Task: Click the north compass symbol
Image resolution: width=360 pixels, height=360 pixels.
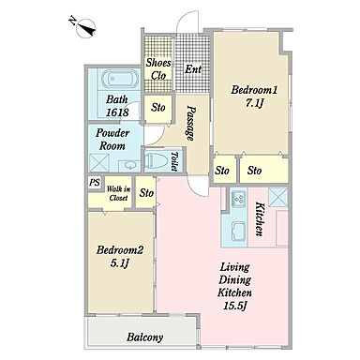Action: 84,27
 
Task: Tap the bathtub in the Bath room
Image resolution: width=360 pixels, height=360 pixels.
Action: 120,80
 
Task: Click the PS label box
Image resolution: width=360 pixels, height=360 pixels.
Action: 95,183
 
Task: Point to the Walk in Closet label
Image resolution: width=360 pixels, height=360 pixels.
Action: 118,193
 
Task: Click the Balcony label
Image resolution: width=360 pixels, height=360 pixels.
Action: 145,337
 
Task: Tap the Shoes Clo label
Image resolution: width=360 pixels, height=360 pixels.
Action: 158,69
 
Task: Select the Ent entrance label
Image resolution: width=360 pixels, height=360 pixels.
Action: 193,69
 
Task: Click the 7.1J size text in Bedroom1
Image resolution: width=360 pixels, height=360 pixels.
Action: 253,103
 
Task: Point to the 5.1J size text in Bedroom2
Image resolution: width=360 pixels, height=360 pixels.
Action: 120,263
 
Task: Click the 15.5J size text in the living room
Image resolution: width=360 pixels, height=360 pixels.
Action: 235,306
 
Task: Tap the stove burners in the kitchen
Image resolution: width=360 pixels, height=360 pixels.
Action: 239,199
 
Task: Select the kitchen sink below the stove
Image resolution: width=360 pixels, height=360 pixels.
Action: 238,232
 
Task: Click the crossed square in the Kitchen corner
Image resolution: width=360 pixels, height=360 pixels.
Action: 278,197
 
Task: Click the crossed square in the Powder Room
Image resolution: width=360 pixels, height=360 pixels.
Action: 99,163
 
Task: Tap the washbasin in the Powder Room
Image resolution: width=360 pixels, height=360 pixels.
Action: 129,165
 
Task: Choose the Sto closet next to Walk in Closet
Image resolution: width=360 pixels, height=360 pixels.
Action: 146,193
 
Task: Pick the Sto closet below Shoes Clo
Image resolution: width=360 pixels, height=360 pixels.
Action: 158,108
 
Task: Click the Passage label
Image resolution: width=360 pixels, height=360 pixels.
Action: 191,123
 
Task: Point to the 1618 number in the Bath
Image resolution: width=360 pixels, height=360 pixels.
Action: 117,112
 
